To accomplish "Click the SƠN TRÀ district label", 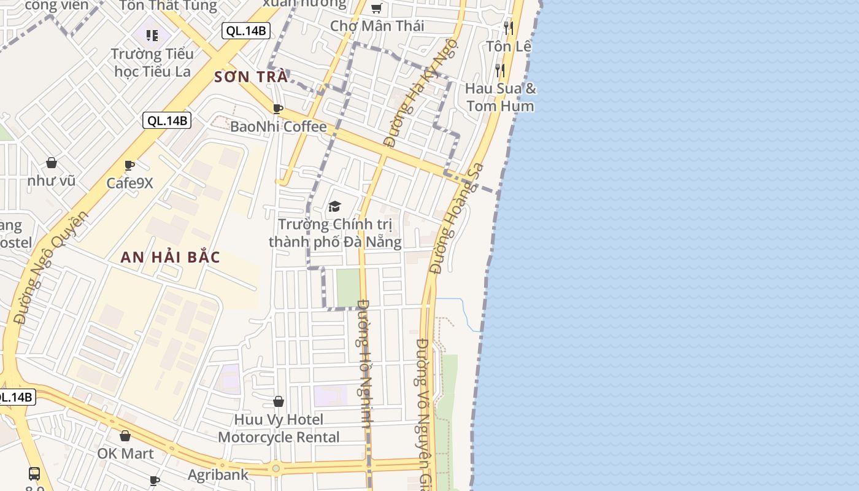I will pos(252,77).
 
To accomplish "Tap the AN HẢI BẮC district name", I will pos(170,257).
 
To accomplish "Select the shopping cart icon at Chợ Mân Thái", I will pos(376,9).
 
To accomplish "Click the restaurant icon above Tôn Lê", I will pos(508,28).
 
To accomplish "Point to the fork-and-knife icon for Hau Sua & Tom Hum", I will pos(500,70).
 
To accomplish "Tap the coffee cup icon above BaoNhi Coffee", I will pos(277,109).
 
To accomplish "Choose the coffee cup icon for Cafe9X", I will pos(129,166).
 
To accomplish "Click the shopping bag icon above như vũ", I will pos(52,163).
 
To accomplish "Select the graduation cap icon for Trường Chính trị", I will pos(334,206).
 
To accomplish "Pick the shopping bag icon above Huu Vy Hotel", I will pos(279,401).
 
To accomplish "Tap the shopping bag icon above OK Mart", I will pos(125,436).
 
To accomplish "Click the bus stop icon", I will pos(34,474).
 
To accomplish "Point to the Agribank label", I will pos(218,474).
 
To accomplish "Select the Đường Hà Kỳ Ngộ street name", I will pos(421,92).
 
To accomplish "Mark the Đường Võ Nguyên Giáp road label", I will pos(423,411).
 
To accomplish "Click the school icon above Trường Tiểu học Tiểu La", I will pos(152,36).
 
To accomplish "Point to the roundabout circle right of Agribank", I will pos(276,468).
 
